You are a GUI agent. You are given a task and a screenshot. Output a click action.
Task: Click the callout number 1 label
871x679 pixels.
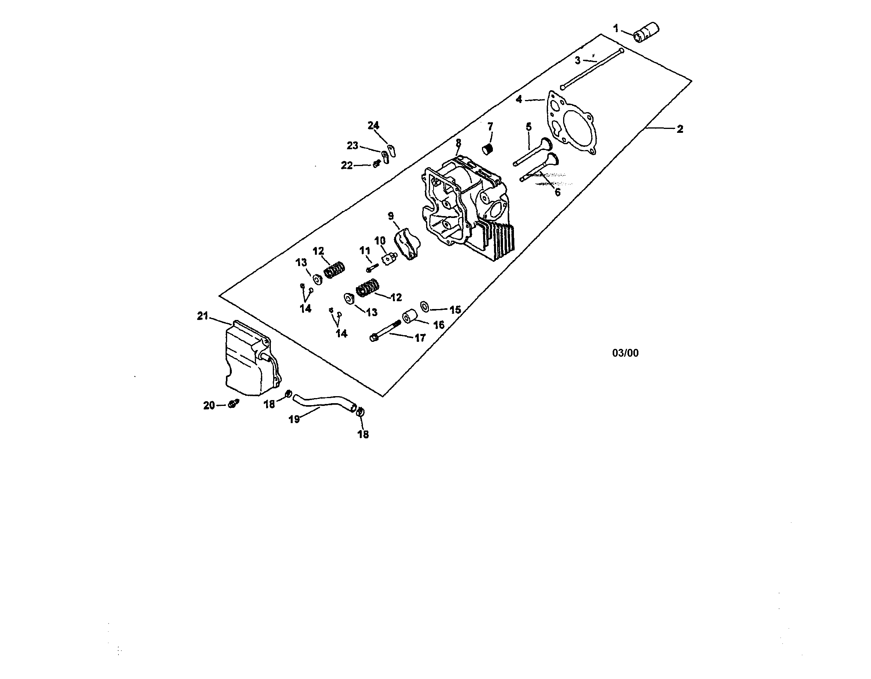[616, 29]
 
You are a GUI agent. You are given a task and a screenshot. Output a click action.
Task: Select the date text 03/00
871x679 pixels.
[625, 353]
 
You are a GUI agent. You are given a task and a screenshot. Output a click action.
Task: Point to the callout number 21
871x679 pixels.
[203, 316]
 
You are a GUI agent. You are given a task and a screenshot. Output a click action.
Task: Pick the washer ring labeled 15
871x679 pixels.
[425, 307]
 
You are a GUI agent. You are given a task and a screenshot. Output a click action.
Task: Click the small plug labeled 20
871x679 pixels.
[233, 404]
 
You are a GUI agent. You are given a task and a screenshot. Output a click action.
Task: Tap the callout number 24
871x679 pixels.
[373, 126]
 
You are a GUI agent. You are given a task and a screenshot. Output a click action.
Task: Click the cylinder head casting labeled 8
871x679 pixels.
[467, 207]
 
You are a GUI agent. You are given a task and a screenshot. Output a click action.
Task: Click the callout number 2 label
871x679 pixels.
[680, 129]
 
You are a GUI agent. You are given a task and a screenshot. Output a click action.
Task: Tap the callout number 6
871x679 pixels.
[558, 192]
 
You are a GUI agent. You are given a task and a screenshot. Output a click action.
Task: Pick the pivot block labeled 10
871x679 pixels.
[389, 259]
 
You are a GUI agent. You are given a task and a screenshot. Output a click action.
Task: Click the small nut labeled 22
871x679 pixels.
[376, 164]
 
